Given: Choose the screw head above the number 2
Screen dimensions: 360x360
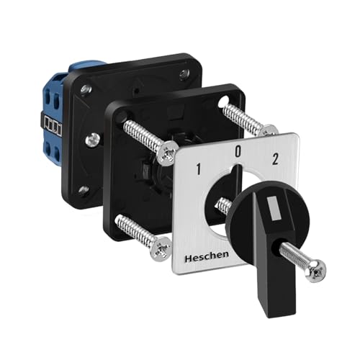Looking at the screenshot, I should [268, 131].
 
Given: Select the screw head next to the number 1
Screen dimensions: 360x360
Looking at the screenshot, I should [168, 150].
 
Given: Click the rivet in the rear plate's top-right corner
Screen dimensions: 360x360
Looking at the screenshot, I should [185, 73].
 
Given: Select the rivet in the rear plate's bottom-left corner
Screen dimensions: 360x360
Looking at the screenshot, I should [84, 190].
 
